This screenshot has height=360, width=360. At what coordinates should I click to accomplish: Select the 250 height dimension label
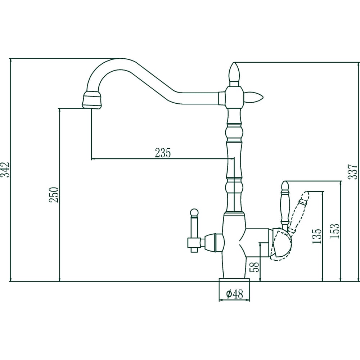tap(54, 195)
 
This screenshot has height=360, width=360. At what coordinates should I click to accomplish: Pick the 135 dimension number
tap(317, 236)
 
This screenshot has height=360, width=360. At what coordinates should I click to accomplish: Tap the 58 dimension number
tap(254, 267)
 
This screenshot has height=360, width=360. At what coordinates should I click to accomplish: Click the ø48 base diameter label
tap(234, 294)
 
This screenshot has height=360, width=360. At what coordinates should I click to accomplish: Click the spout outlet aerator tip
tap(92, 100)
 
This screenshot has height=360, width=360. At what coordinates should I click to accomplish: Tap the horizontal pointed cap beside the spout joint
tap(255, 96)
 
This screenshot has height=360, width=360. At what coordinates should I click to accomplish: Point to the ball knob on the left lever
tap(194, 212)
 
